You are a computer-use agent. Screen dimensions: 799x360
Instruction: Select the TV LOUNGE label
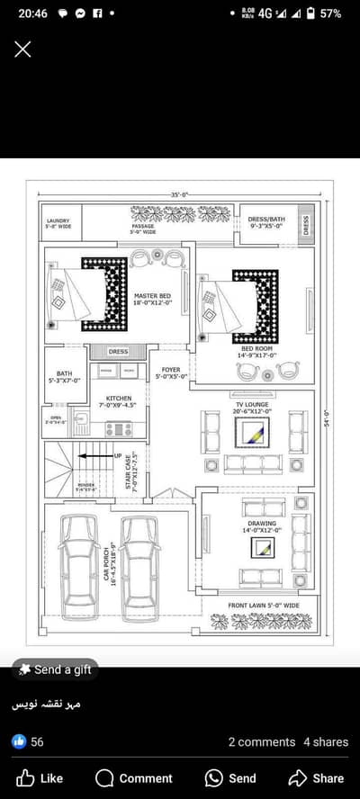(252, 406)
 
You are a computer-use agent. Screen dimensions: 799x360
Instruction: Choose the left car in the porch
(78, 571)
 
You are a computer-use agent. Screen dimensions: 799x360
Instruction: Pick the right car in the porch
(140, 571)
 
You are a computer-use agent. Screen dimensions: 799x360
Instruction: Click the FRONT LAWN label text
(263, 606)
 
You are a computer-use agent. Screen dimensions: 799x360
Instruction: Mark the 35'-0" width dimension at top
(179, 194)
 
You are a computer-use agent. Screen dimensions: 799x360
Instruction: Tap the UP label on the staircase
(117, 456)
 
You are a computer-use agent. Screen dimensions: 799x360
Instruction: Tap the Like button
(40, 777)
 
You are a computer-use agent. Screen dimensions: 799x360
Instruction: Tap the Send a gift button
(54, 669)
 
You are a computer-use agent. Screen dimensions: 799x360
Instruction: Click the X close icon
(22, 49)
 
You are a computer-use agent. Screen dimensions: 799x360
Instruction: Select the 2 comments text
(261, 742)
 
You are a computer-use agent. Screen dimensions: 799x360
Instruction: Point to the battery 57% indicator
(324, 13)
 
